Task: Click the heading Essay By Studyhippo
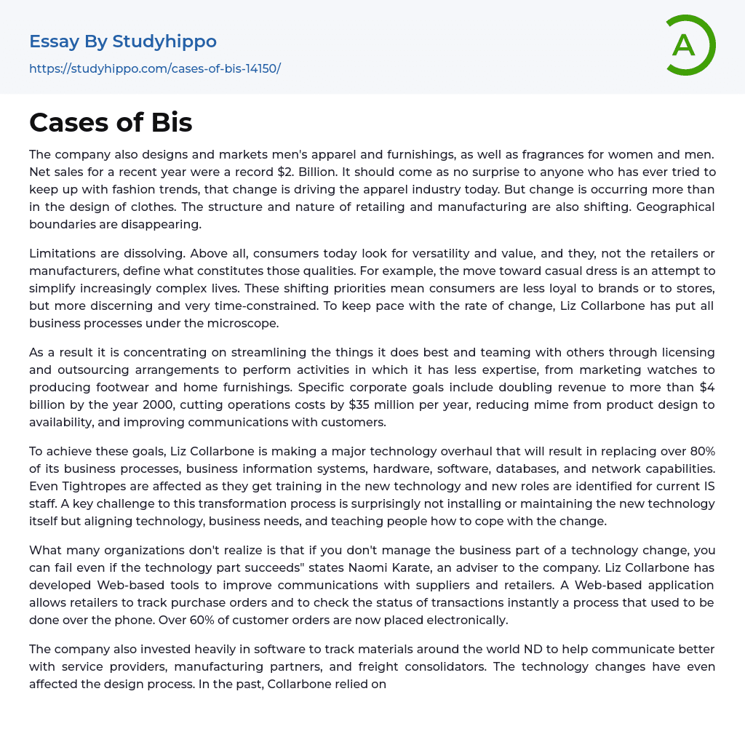click(x=123, y=41)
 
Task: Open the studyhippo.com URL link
click(x=155, y=68)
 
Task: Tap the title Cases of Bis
click(x=111, y=123)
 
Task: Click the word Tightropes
click(x=91, y=486)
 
